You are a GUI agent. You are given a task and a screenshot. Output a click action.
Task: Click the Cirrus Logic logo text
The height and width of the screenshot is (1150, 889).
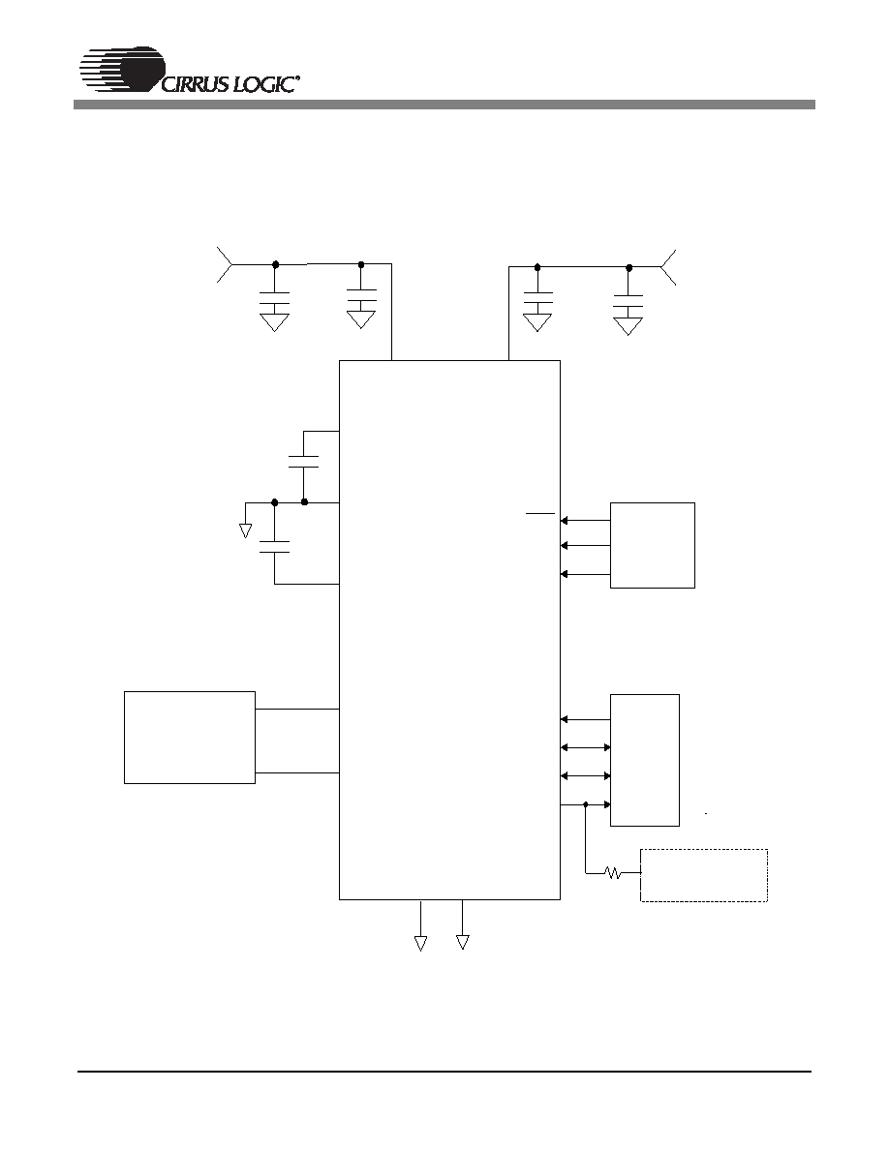point(229,83)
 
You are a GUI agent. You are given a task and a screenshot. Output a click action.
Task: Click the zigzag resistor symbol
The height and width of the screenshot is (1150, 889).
point(613,873)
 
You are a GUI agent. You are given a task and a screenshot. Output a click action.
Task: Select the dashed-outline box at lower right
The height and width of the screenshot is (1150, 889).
point(704,875)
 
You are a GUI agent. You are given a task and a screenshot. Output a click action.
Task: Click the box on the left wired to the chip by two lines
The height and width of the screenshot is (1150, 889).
point(190,737)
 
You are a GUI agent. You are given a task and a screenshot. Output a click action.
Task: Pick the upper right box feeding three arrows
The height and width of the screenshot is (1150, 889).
point(652,545)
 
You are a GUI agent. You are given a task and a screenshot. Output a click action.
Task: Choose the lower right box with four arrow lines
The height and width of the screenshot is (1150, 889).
point(645,760)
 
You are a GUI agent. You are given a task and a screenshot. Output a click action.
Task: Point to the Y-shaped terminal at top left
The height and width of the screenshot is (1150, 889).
point(226,265)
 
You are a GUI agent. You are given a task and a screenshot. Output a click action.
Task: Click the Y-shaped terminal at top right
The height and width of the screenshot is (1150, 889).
point(668,268)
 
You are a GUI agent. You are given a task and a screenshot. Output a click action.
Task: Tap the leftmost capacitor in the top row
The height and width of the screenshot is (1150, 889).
point(274,298)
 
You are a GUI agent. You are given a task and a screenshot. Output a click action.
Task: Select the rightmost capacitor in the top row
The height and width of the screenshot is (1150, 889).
point(628,301)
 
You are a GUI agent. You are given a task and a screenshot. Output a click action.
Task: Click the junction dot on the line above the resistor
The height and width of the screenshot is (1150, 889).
point(585,804)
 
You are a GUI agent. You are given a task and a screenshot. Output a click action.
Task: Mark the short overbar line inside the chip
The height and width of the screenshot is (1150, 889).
point(539,513)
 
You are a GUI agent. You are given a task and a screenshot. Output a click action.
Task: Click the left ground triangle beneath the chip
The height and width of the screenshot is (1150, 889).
point(420,943)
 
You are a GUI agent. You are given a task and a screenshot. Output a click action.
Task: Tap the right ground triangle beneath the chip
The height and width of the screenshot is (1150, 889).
point(462,943)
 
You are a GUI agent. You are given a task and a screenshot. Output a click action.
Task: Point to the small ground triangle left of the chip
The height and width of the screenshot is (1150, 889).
point(246,530)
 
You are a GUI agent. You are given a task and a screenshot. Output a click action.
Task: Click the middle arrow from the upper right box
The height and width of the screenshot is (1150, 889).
point(585,545)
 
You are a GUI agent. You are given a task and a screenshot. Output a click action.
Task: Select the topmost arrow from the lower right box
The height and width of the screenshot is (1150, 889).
point(585,719)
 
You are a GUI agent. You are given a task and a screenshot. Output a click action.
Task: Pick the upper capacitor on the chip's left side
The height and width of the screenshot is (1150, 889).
point(304,462)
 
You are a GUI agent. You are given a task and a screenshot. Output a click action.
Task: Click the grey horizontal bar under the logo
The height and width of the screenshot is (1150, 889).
point(444,105)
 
